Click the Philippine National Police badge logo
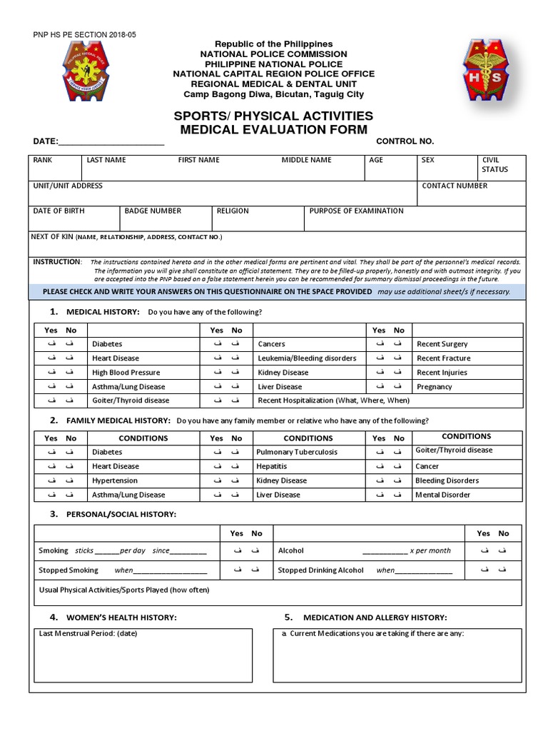click(90, 72)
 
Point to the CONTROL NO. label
click(405, 141)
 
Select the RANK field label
click(43, 161)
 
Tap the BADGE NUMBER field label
click(153, 211)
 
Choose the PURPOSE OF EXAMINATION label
click(356, 211)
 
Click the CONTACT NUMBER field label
click(455, 186)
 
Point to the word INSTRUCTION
click(58, 262)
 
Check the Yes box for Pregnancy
click(379, 387)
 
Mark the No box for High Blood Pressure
click(70, 373)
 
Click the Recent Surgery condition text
click(442, 344)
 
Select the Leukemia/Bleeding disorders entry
click(306, 358)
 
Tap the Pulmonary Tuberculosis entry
click(297, 453)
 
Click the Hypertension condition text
click(114, 481)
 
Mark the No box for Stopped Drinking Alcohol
click(503, 570)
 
